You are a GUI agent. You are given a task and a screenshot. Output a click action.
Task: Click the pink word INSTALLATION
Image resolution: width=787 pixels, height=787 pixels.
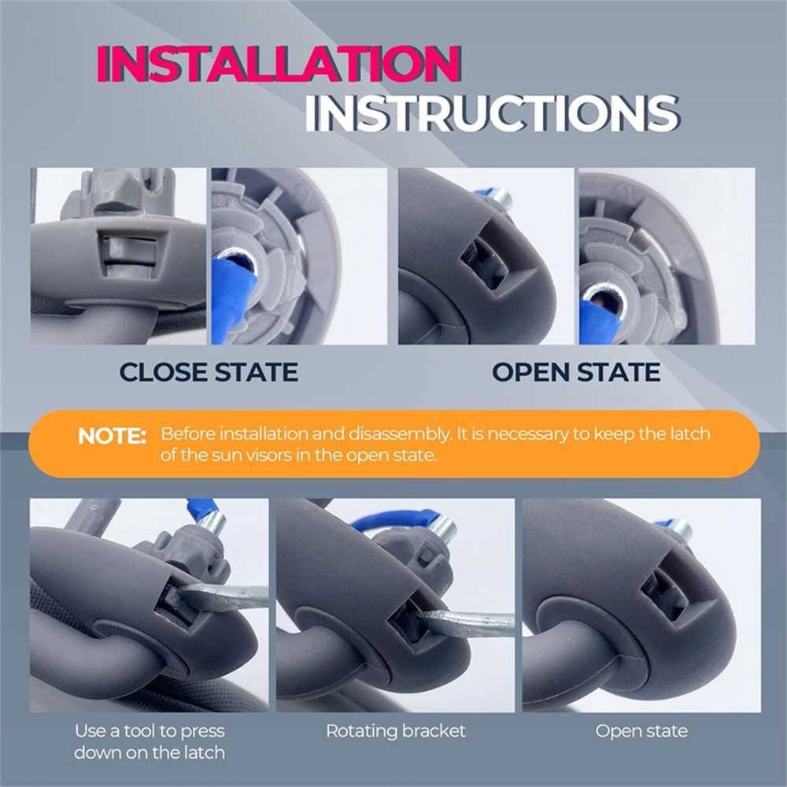click(x=279, y=64)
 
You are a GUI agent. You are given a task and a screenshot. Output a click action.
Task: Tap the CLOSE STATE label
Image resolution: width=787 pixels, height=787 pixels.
click(x=209, y=372)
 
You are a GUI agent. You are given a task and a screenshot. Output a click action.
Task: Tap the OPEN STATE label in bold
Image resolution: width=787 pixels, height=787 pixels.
click(x=576, y=372)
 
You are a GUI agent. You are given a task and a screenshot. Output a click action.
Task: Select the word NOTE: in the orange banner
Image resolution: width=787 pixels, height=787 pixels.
click(x=112, y=436)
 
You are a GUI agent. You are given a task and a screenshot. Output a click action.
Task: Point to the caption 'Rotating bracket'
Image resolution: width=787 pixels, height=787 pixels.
click(x=396, y=731)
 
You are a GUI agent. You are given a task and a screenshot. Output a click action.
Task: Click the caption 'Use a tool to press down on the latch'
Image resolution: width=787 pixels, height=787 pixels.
click(x=150, y=741)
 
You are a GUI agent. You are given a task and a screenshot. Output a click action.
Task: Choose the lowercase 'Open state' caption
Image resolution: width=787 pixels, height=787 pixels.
click(x=641, y=731)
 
